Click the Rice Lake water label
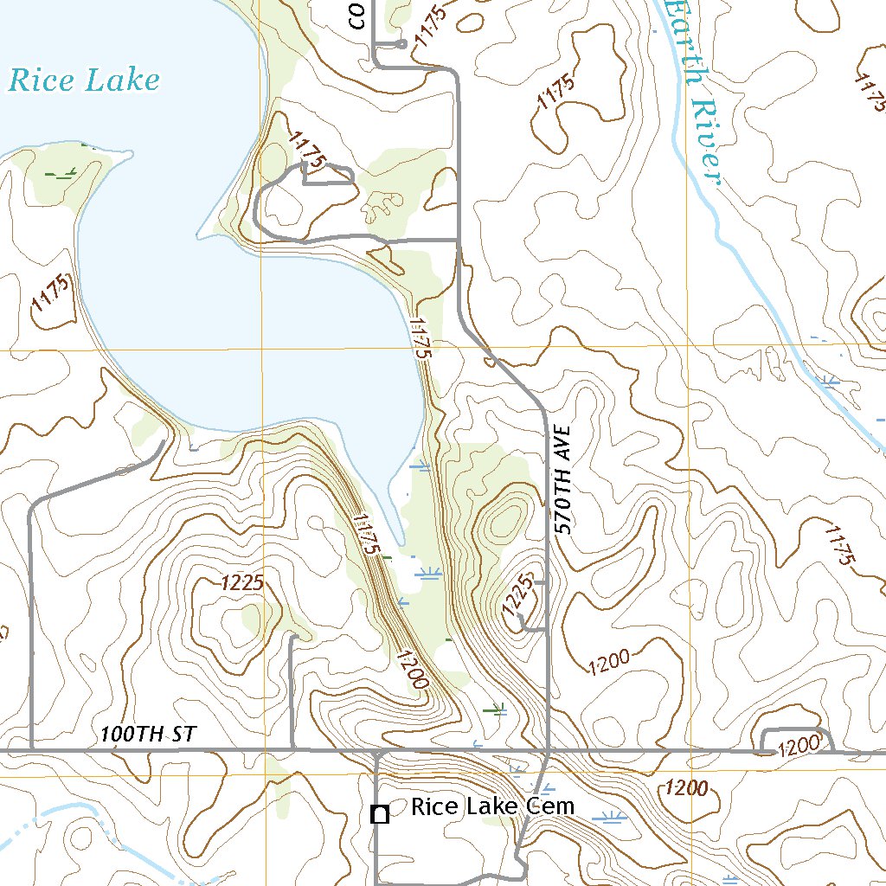[84, 80]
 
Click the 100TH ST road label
[148, 735]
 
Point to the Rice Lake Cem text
[492, 807]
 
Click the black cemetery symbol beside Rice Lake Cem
[378, 813]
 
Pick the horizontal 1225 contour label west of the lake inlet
[241, 583]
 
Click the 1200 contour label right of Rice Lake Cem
[688, 788]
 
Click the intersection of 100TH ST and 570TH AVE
[549, 750]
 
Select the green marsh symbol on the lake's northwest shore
[61, 174]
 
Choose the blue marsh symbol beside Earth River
[828, 380]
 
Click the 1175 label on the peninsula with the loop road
[308, 149]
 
